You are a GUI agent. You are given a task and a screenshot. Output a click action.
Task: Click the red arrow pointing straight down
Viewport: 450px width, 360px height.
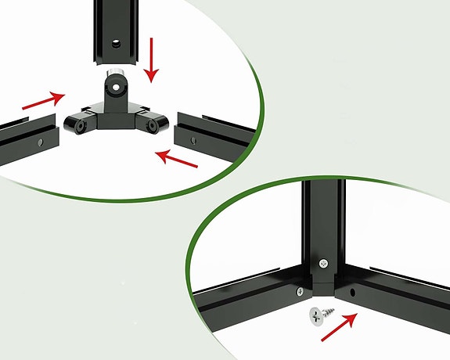pyautogui.click(x=150, y=62)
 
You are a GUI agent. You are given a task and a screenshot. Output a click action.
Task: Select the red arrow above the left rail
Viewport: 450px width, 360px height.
pyautogui.click(x=43, y=99)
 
